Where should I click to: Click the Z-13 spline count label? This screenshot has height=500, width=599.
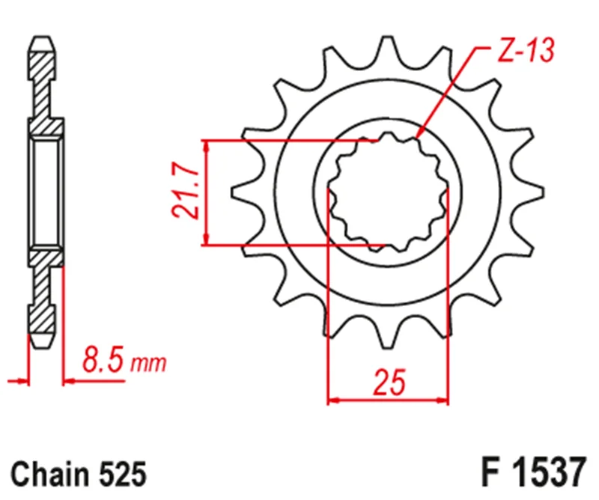(x=526, y=50)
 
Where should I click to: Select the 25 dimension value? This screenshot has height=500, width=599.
(x=389, y=382)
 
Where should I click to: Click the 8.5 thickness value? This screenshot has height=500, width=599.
(x=103, y=359)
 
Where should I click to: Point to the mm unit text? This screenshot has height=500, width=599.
(x=148, y=364)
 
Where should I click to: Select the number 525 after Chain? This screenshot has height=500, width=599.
(x=122, y=474)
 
